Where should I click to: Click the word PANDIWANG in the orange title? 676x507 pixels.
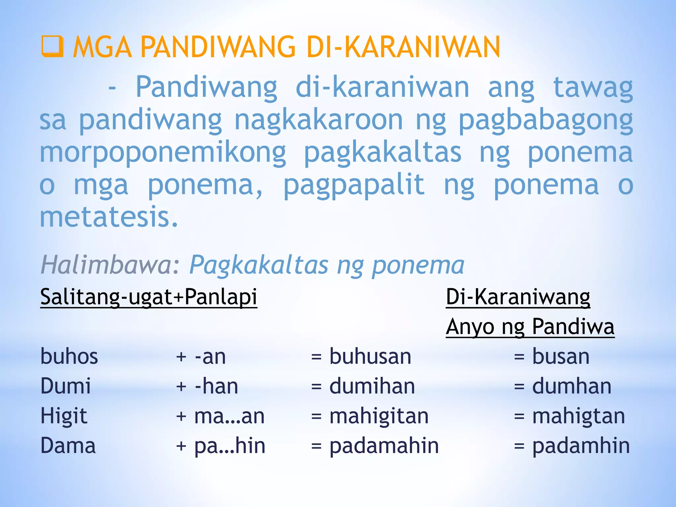[x=218, y=47]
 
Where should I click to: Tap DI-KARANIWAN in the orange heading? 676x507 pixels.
[x=403, y=47]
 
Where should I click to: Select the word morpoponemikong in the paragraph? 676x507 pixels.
[x=163, y=153]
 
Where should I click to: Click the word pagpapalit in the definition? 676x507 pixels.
[x=354, y=186]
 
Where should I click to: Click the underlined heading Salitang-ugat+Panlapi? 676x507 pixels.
[x=149, y=297]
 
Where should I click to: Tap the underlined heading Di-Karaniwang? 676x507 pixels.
[x=518, y=297]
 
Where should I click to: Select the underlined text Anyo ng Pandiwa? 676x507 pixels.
[x=530, y=326]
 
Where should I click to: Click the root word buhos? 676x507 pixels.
[x=69, y=356]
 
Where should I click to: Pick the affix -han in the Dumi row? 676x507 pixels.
[x=216, y=386]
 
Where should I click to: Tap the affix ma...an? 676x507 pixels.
[x=229, y=416]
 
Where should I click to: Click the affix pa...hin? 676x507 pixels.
[x=230, y=446]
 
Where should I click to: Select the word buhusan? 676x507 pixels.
[x=370, y=356]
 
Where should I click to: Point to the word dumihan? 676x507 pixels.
[x=372, y=386]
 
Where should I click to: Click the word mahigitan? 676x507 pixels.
[x=379, y=416]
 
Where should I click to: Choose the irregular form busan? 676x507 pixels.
[x=561, y=356]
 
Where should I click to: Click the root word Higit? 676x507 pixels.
[x=64, y=416]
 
